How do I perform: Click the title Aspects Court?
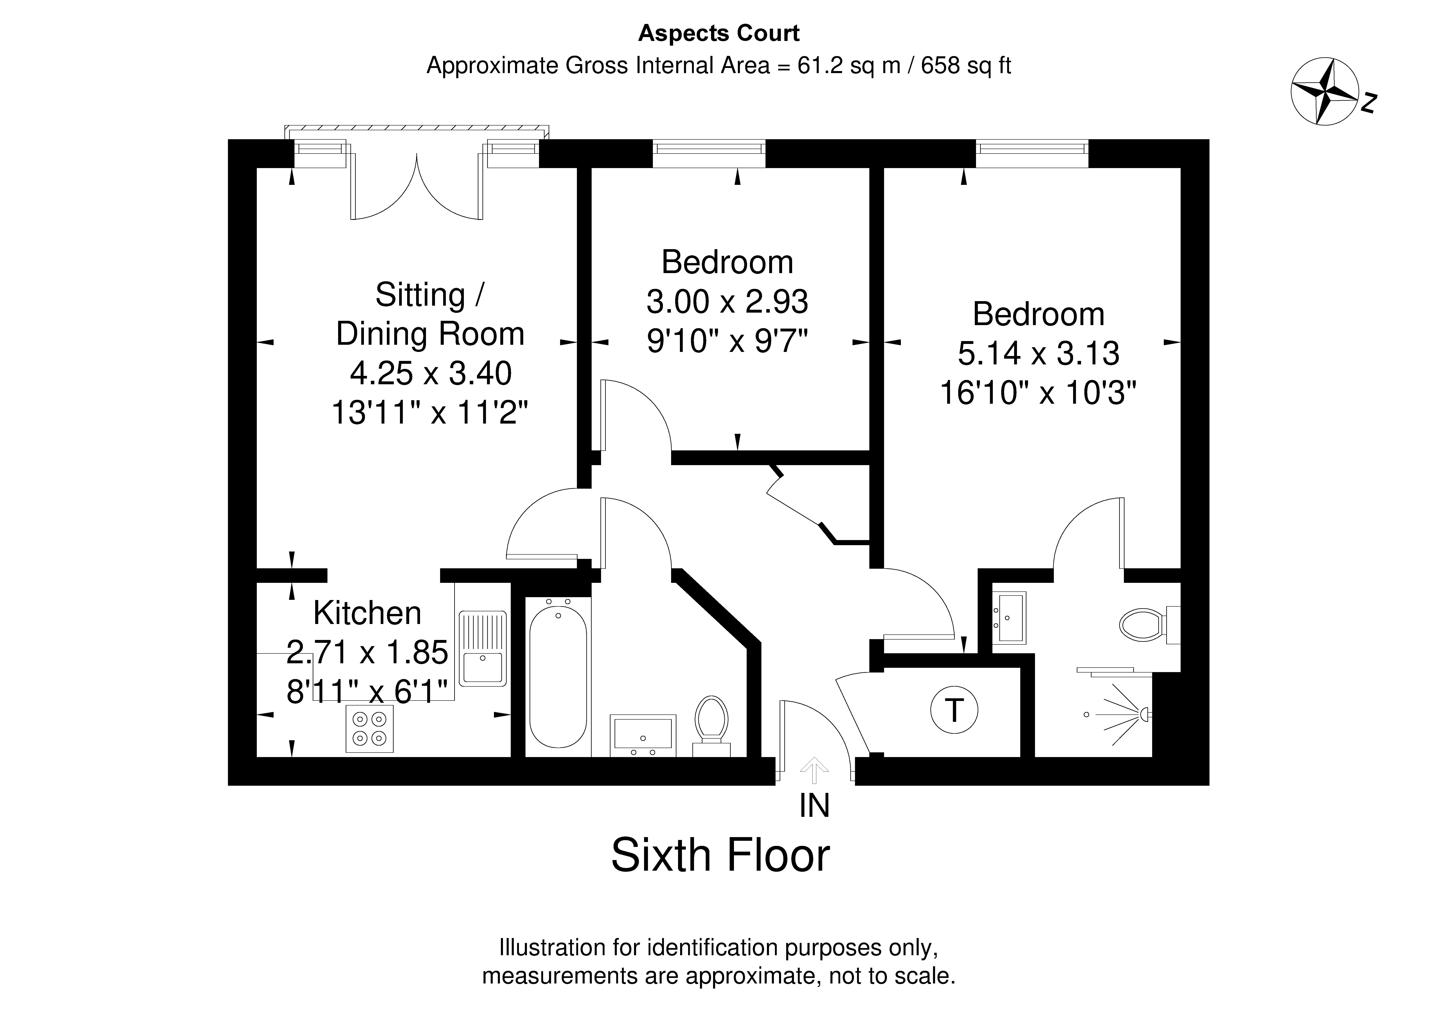[718, 33]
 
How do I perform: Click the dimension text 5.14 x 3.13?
[1038, 354]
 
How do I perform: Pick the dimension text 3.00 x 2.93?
[727, 302]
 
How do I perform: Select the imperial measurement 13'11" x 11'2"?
[430, 413]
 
